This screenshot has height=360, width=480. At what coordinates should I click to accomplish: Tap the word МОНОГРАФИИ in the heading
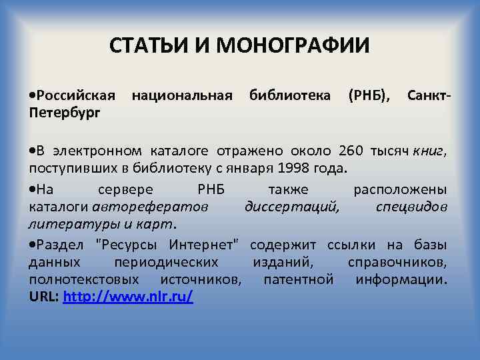[x=293, y=46]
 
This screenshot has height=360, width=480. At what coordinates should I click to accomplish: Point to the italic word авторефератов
[x=150, y=206]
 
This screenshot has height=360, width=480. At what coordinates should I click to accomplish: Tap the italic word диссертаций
[x=291, y=206]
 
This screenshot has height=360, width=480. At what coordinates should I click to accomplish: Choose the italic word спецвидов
[x=411, y=206]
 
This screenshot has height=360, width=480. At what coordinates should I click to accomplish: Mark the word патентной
[x=298, y=279]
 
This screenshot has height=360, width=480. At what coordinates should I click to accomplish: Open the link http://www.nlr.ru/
[x=127, y=296]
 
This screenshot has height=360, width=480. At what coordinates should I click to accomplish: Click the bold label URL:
[x=44, y=296]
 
